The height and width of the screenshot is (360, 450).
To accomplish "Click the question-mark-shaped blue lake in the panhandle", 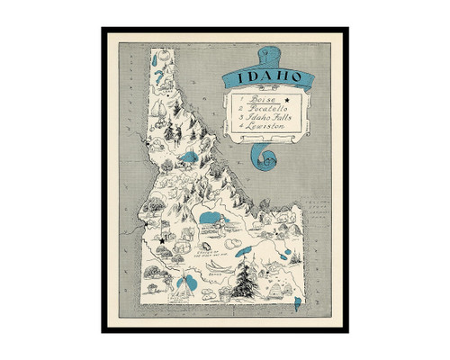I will pyautogui.click(x=161, y=64).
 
